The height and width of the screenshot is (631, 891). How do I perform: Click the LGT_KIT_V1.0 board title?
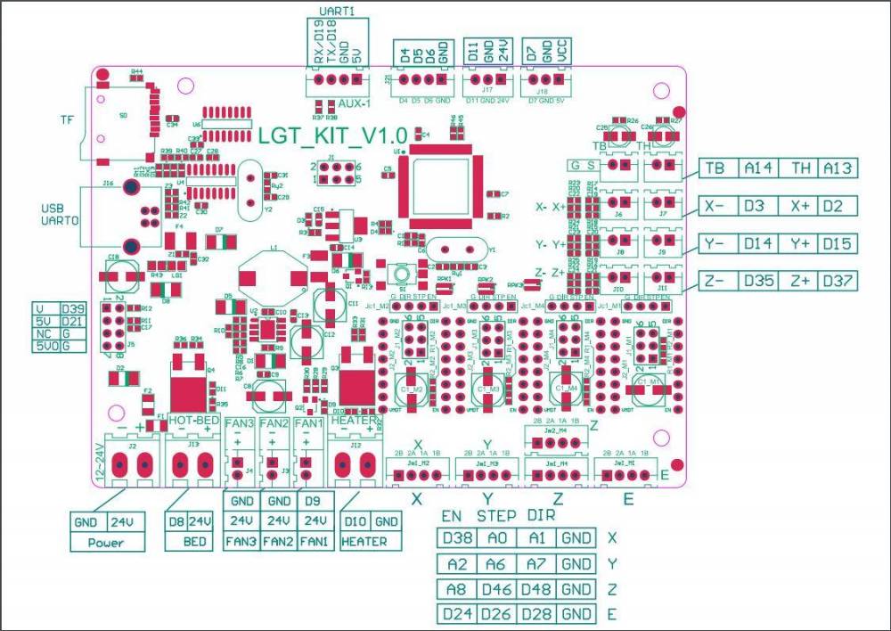(331, 135)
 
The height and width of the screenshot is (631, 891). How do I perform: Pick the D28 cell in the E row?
(536, 614)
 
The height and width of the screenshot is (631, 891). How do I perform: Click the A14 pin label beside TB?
(760, 168)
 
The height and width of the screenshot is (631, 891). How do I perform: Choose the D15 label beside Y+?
(838, 244)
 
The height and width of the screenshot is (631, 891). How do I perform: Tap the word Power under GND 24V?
(108, 542)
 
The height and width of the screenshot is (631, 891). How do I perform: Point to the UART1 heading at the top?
(336, 10)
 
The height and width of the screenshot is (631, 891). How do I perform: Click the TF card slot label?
(66, 120)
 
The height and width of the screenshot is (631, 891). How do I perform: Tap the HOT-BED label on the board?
(193, 419)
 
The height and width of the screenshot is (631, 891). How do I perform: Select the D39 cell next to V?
(72, 308)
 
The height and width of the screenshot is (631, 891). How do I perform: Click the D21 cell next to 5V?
(72, 321)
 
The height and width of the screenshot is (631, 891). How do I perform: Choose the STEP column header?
(496, 516)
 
